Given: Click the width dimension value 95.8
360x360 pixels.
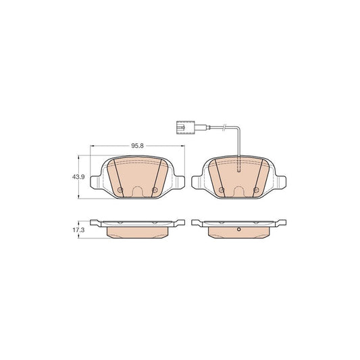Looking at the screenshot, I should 137,145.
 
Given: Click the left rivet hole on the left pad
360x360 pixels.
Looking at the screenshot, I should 120,190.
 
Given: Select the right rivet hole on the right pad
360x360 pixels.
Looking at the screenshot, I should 256,190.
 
